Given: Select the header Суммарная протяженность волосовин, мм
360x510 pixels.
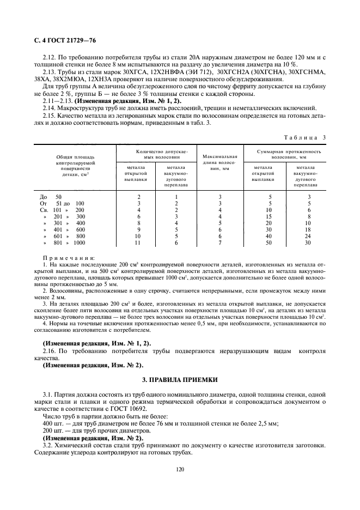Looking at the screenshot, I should pyautogui.click(x=288, y=154).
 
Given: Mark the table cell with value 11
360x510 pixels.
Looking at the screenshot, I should pyautogui.click(x=139, y=243).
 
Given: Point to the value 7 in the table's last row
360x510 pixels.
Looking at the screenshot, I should pyautogui.click(x=219, y=243).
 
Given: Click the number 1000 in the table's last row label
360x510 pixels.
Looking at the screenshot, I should pyautogui.click(x=80, y=243).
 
